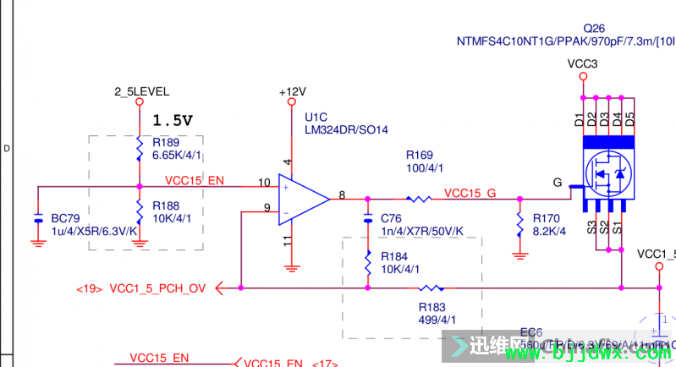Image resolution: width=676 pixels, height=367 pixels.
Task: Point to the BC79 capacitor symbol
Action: coord(37,220)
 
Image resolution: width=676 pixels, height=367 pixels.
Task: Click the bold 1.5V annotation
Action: coord(173,120)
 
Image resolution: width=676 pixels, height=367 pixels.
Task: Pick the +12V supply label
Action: coord(292,91)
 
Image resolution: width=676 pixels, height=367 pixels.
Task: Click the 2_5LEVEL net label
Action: coord(141,91)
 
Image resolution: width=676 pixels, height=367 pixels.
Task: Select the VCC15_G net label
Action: coord(470,192)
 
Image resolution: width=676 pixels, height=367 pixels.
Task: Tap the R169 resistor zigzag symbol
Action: coord(419,200)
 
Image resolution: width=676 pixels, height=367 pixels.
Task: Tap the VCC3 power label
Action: coord(582,63)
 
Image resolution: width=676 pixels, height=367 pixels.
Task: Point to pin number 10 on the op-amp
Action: coord(265,183)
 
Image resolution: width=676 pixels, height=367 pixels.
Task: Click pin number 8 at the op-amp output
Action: coord(341,195)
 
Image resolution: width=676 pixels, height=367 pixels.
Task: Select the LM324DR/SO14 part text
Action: coord(346,129)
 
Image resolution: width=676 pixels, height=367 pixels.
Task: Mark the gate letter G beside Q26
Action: coord(557,182)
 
